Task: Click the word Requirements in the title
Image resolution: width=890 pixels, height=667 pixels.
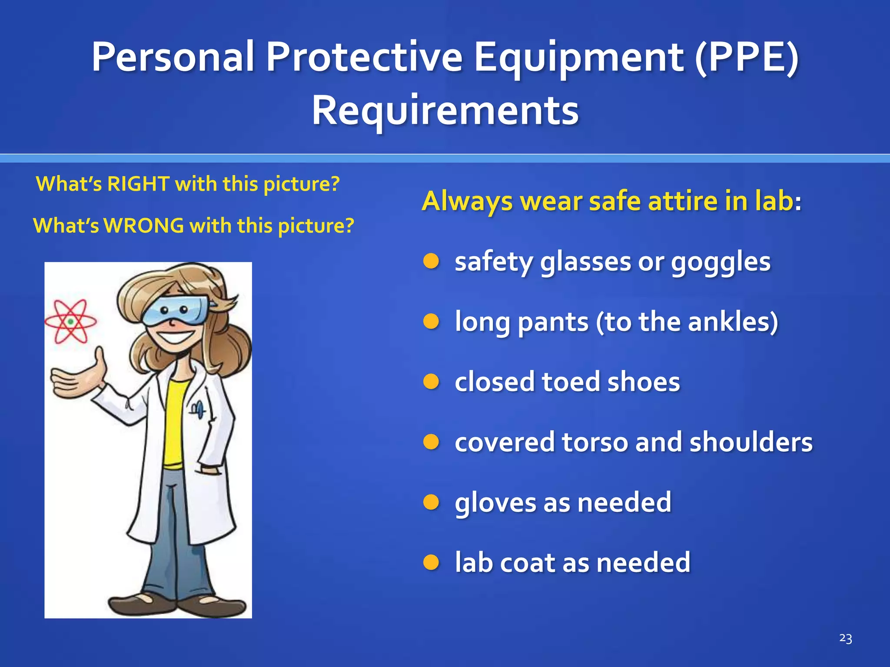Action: (445, 111)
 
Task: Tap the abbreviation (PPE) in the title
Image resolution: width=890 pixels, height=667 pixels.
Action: (746, 57)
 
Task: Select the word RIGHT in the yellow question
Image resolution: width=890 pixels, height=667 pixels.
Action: (138, 184)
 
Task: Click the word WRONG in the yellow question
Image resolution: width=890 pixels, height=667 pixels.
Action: (144, 226)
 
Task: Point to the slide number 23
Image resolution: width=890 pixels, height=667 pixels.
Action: (845, 638)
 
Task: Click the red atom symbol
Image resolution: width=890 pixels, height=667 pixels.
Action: (70, 322)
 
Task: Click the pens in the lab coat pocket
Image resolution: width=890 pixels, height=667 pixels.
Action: (198, 409)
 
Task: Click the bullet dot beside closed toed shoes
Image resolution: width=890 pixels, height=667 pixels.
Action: (432, 382)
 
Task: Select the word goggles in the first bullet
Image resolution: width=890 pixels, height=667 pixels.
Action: (721, 262)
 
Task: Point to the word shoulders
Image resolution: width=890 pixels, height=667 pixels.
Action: (751, 442)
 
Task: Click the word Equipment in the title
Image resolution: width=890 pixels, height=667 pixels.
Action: (578, 57)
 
